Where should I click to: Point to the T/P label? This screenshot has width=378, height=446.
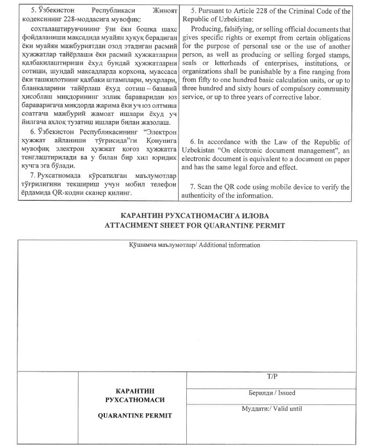click(x=272, y=377)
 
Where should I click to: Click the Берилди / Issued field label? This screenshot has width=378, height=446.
click(x=271, y=393)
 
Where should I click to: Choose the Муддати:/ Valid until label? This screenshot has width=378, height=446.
click(x=271, y=408)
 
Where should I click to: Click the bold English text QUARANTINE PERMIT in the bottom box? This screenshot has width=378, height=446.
click(x=134, y=415)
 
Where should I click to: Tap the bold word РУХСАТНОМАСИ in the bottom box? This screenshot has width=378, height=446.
click(x=134, y=400)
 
